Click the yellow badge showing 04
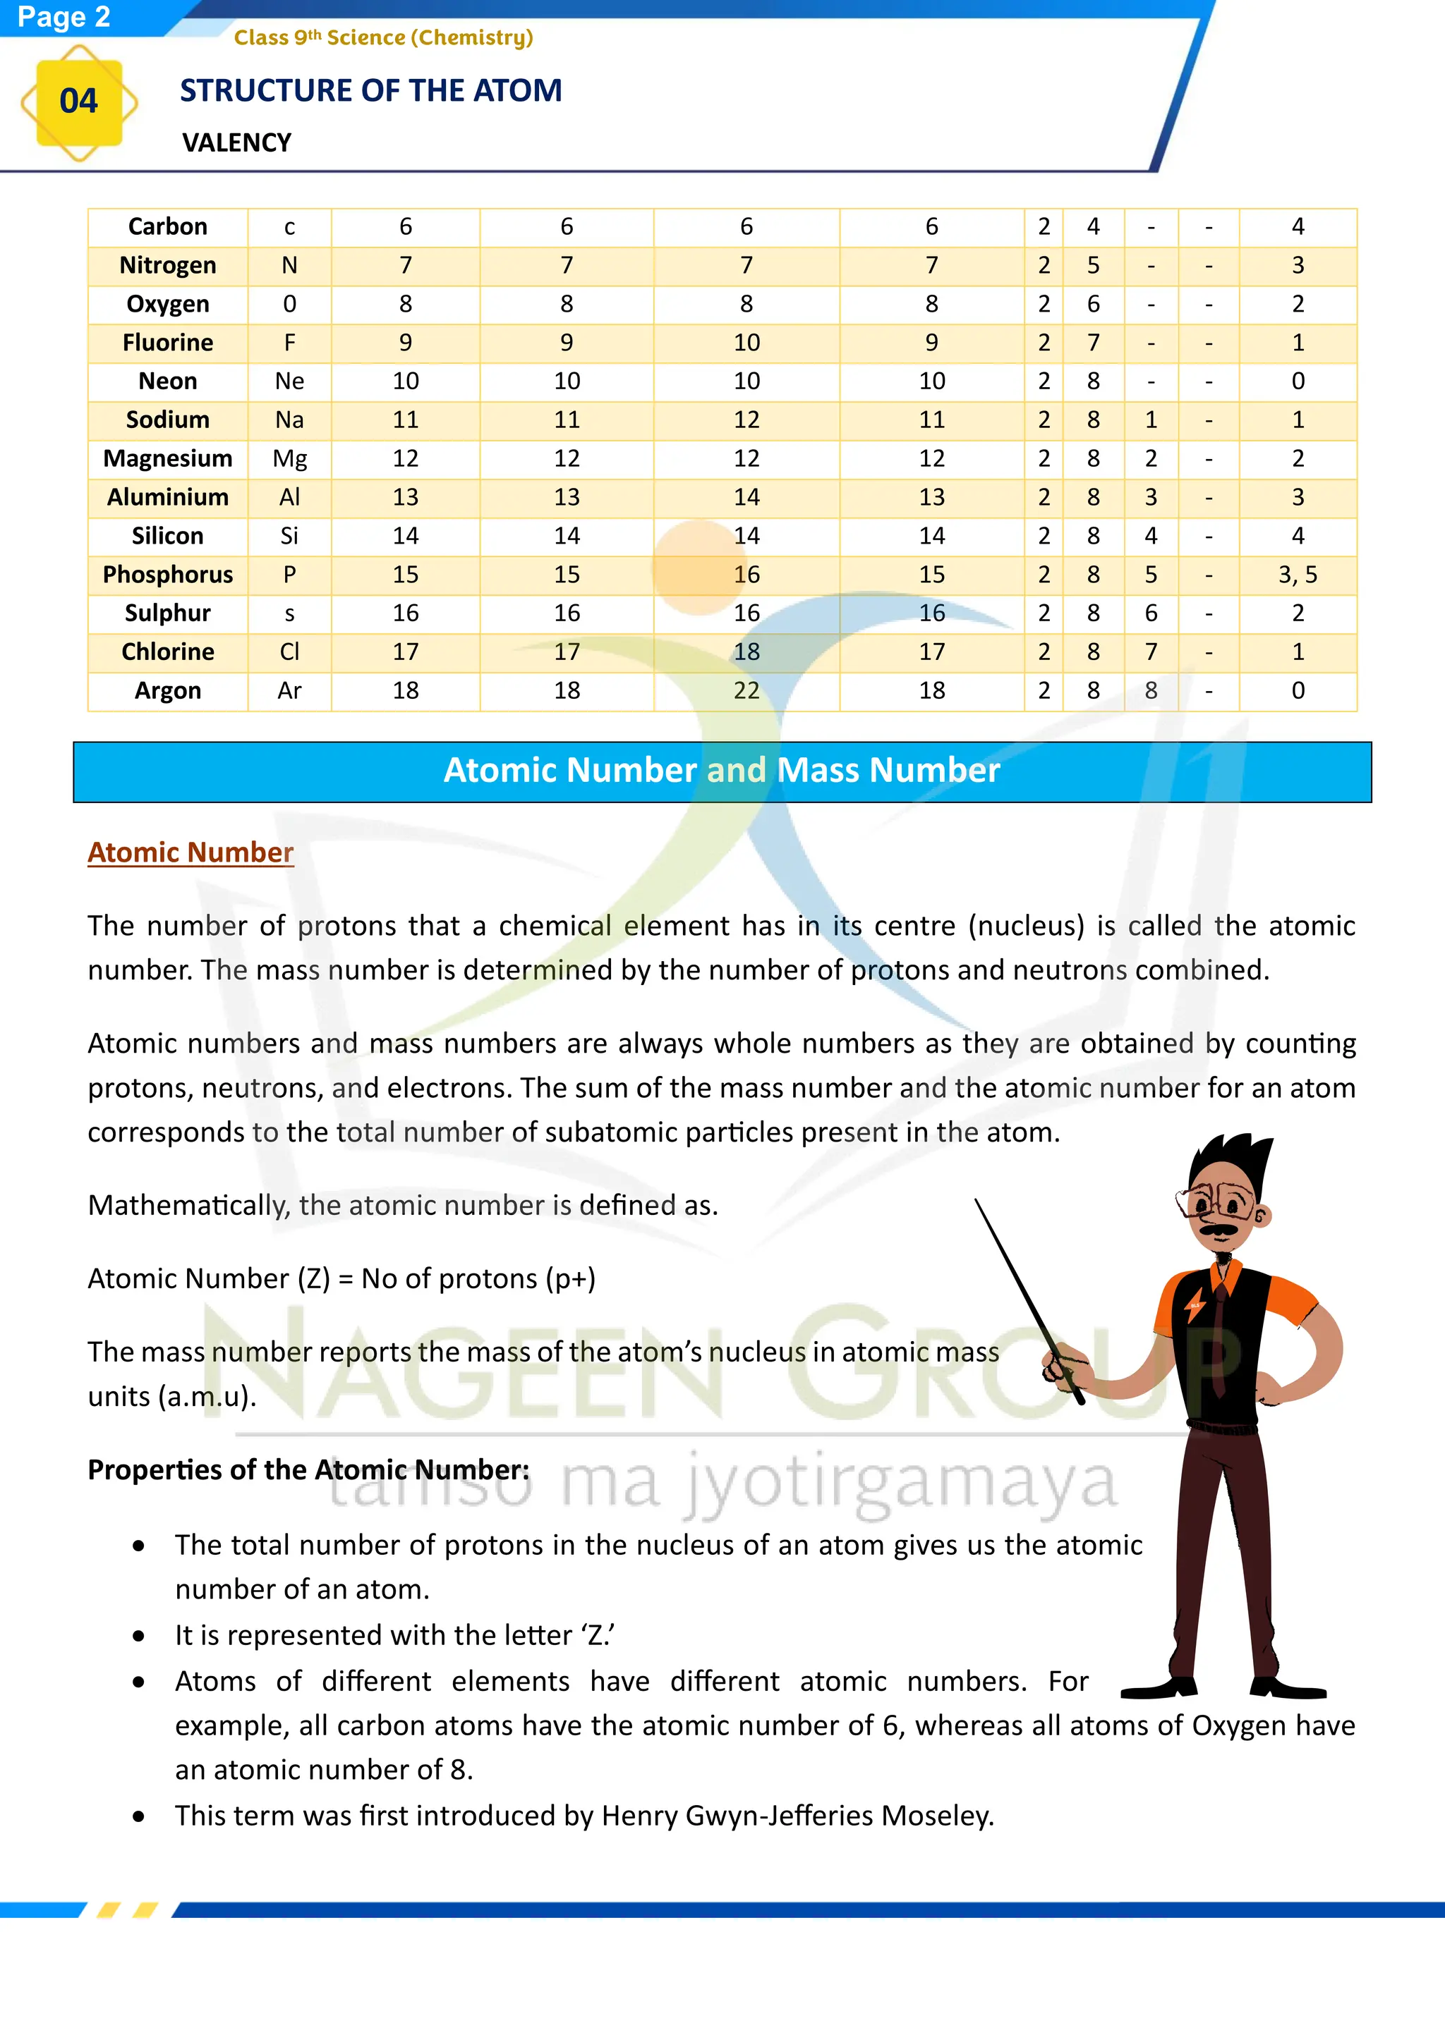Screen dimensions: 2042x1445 click(x=78, y=102)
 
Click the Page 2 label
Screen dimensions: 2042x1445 click(x=64, y=17)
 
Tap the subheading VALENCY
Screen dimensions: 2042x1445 click(x=236, y=142)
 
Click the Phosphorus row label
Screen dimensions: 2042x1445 click(x=167, y=575)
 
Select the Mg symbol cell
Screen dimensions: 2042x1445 click(x=289, y=459)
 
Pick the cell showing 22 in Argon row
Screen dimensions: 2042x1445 click(x=746, y=690)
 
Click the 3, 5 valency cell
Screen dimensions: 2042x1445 click(x=1298, y=575)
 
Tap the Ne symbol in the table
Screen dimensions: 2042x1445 click(x=289, y=381)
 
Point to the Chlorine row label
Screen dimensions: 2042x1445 click(x=167, y=652)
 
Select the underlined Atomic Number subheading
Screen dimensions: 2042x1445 click(x=191, y=852)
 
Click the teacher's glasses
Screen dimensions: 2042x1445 click(x=1217, y=1204)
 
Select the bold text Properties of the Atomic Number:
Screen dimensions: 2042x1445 click(x=308, y=1469)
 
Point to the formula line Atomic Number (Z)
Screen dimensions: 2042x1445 click(x=341, y=1278)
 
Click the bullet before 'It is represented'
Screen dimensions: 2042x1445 click(x=139, y=1636)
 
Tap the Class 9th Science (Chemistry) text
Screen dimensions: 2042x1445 click(x=384, y=37)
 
